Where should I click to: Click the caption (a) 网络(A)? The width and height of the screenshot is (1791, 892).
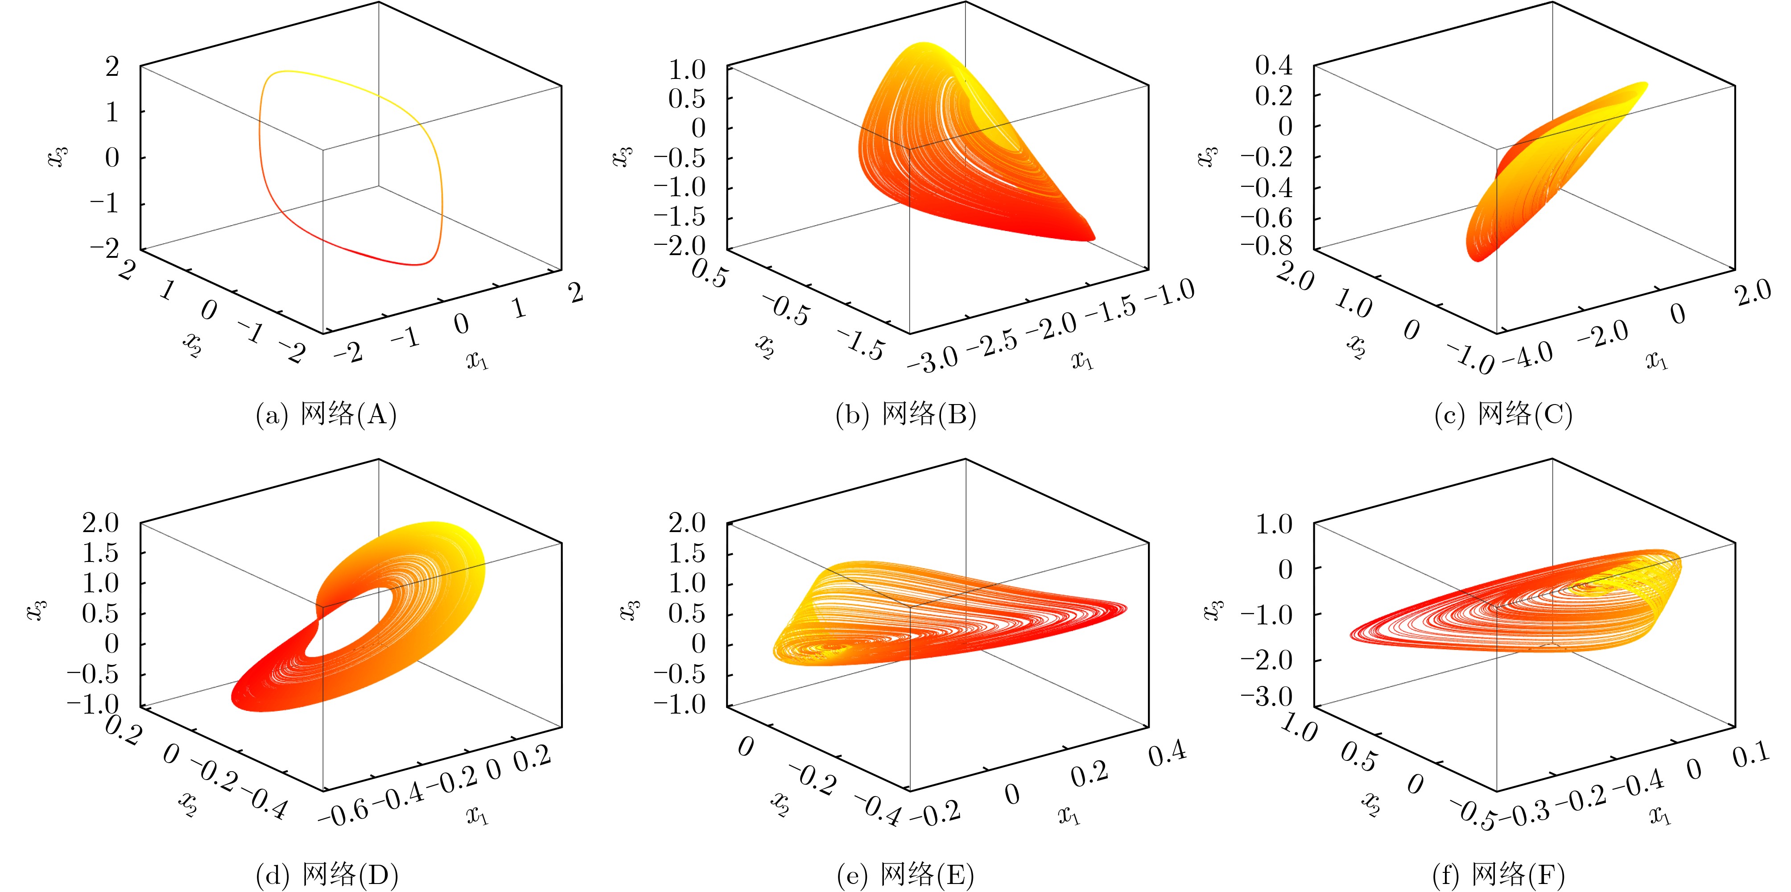pyautogui.click(x=326, y=415)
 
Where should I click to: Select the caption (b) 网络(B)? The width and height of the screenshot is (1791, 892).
pyautogui.click(x=906, y=415)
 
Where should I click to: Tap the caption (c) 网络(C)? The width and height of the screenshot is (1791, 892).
pyautogui.click(x=1503, y=415)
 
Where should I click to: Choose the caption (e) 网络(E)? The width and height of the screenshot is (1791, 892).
pyautogui.click(x=906, y=874)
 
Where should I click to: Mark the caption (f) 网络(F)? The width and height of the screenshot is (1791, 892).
pyautogui.click(x=1498, y=874)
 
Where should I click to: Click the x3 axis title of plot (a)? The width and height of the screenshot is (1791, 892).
pyautogui.click(x=58, y=157)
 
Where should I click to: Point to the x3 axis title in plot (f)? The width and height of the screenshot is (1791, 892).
pyautogui.click(x=1213, y=610)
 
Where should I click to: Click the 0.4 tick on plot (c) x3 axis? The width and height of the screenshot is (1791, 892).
pyautogui.click(x=1274, y=66)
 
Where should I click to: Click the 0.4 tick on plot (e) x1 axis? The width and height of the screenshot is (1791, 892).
pyautogui.click(x=1168, y=754)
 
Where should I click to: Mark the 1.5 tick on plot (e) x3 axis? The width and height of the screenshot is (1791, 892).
pyautogui.click(x=686, y=553)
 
